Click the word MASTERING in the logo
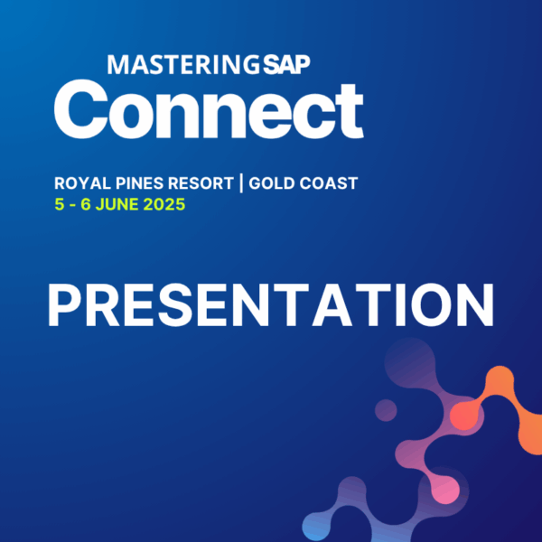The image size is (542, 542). pos(183,65)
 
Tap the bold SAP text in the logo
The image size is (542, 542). pos(294,65)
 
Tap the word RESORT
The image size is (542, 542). pos(201,183)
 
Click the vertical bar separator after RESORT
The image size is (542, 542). pos(241,183)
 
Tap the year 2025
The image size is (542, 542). pos(164,204)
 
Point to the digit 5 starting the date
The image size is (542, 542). pos(60,204)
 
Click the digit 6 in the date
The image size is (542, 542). pos(86,204)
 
